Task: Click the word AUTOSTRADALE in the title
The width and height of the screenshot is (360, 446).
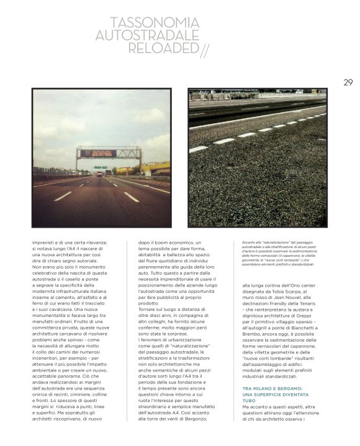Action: [x=147, y=35]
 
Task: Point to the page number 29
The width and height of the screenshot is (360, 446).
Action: [x=348, y=81]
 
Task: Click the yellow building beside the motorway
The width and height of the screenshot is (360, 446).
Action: [x=156, y=168]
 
